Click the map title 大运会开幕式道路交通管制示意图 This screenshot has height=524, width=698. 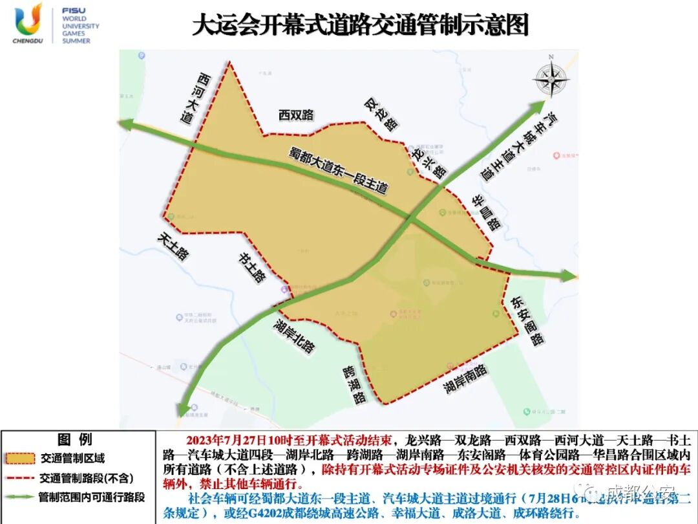tap(361, 26)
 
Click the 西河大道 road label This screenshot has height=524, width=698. tap(196, 99)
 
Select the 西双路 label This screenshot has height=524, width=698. tap(296, 115)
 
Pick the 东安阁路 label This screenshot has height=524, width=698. tap(527, 321)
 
